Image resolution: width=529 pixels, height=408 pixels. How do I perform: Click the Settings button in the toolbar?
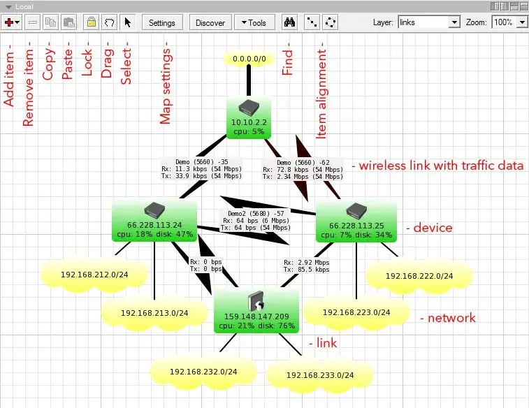coord(162,22)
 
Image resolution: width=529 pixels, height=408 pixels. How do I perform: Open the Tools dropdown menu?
coord(254,22)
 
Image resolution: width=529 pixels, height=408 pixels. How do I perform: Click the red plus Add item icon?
coord(11,22)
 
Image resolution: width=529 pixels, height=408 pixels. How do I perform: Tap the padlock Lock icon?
coord(92,22)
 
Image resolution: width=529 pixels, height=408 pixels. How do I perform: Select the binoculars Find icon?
coord(289,22)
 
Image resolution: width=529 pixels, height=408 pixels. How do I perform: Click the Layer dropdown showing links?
coord(429,22)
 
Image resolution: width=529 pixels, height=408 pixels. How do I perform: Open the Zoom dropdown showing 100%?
coord(509,22)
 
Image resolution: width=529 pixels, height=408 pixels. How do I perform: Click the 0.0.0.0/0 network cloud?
coord(249,59)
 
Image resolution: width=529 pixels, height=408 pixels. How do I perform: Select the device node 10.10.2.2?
coord(249,117)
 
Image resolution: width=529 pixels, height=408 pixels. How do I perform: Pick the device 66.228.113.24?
coord(154,221)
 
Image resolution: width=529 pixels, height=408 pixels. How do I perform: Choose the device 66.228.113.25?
coord(356,221)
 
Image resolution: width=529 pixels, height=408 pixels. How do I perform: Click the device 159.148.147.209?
coord(256,311)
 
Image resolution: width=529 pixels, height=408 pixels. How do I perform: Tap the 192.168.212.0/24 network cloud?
coord(94,275)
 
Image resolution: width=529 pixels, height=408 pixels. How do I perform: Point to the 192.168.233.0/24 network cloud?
coord(320,375)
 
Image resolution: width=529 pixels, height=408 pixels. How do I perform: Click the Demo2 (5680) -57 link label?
coord(255,221)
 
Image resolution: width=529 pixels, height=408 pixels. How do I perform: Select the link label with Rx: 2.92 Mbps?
coord(306,265)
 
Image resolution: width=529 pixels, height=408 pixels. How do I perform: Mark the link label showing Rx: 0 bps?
coord(205,265)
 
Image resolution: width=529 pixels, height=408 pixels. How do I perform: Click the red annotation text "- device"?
coord(429,228)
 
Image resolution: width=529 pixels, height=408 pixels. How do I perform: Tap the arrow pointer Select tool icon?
coord(127,22)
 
